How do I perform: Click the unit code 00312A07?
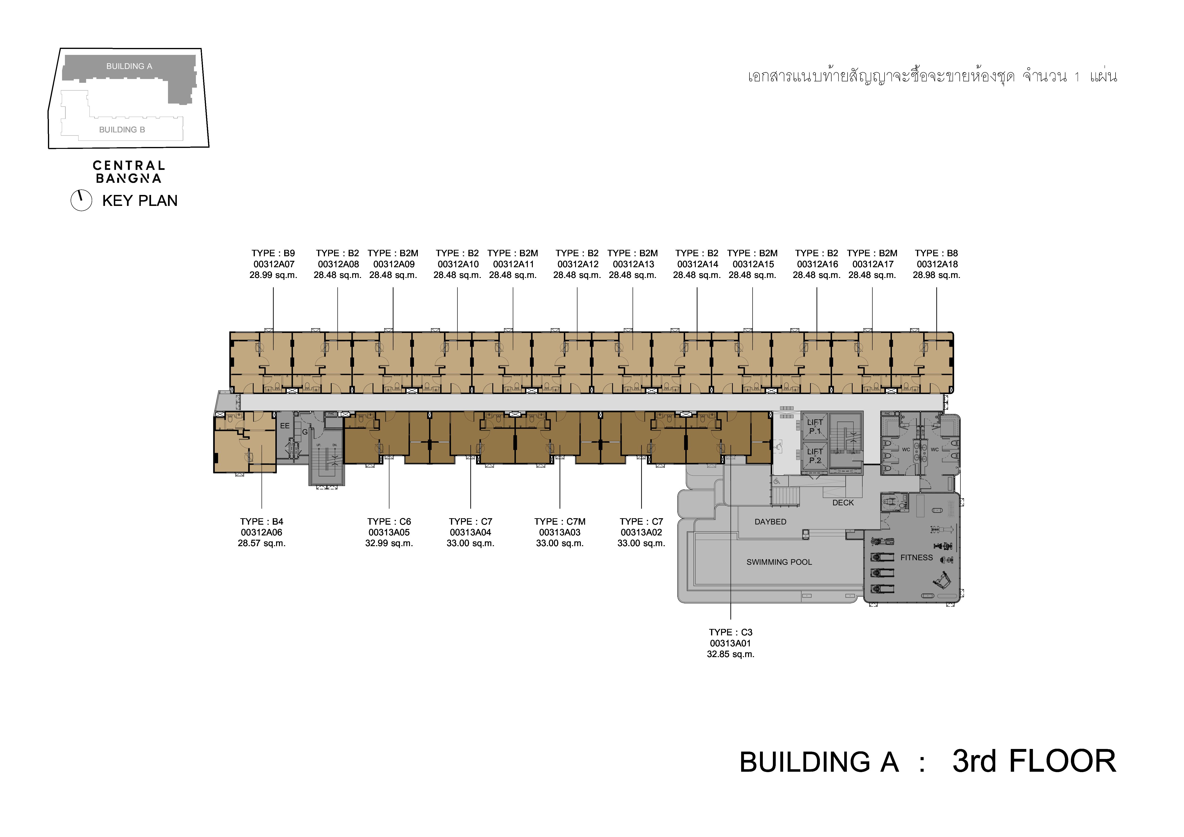tap(274, 264)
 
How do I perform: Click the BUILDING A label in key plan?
tap(129, 66)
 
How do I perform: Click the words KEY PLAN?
tap(140, 201)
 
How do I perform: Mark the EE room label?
tap(285, 426)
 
